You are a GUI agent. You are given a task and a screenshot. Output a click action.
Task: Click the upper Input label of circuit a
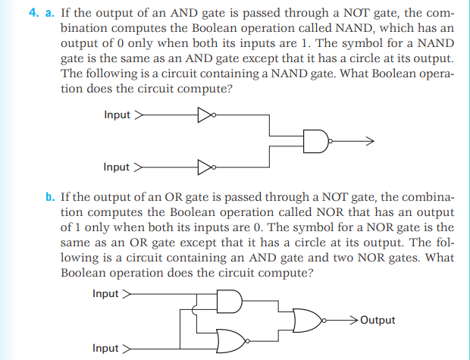click(117, 115)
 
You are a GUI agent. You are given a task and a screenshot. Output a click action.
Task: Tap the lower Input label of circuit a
click(117, 167)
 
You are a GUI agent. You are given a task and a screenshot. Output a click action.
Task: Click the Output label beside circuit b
click(378, 320)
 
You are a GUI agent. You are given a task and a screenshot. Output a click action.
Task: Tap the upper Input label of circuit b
click(105, 294)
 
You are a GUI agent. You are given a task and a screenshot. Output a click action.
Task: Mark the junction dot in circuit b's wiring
click(196, 309)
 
